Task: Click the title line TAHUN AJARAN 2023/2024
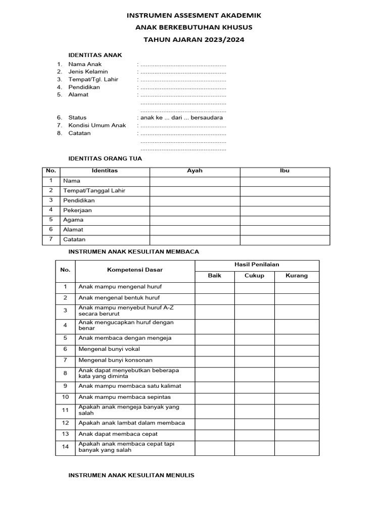pyautogui.click(x=194, y=39)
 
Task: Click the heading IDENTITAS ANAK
pyautogui.click(x=95, y=55)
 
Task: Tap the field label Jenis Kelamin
pyautogui.click(x=88, y=72)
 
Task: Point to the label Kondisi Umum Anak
pyautogui.click(x=97, y=125)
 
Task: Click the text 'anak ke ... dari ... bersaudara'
pyautogui.click(x=181, y=118)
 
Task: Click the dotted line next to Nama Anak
pyautogui.click(x=183, y=65)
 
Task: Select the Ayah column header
pyautogui.click(x=195, y=171)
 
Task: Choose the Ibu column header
pyautogui.click(x=284, y=171)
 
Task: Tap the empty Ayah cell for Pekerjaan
pyautogui.click(x=195, y=210)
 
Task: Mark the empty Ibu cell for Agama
pyautogui.click(x=284, y=220)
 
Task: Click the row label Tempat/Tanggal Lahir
pyautogui.click(x=94, y=191)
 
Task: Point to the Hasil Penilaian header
pyautogui.click(x=257, y=265)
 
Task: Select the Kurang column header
pyautogui.click(x=297, y=276)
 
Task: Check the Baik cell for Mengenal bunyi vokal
pyautogui.click(x=214, y=349)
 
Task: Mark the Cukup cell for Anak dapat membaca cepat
pyautogui.click(x=254, y=434)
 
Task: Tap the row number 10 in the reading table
pyautogui.click(x=65, y=397)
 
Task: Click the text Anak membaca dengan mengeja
pyautogui.click(x=125, y=338)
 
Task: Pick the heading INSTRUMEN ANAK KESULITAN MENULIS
pyautogui.click(x=131, y=475)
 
